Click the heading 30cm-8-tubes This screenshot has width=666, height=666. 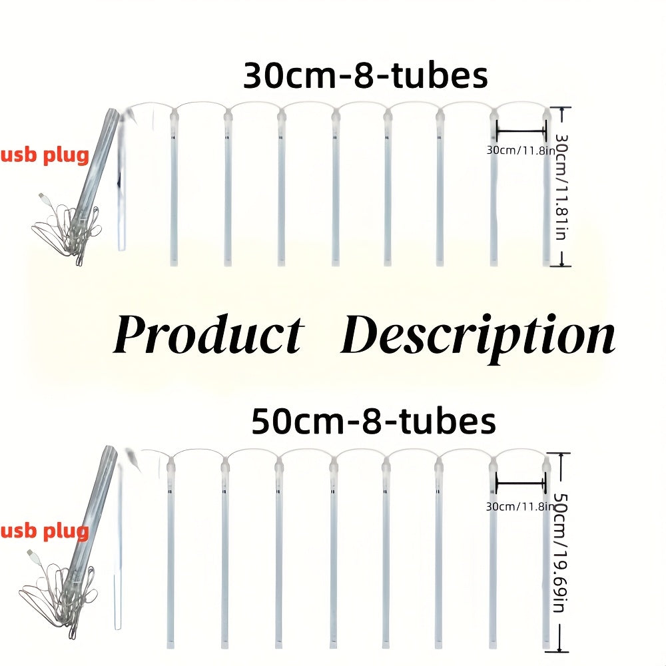coord(365,76)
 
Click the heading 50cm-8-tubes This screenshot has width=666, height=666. coord(374,421)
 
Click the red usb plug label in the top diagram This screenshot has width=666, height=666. coord(45,155)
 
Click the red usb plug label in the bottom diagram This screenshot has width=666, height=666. coord(45,531)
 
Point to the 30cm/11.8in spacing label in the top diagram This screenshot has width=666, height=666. coord(521,150)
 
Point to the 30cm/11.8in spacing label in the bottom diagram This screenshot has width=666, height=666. coord(520,506)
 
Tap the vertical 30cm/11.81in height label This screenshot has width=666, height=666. coord(562,187)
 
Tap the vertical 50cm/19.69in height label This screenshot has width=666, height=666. coord(561,553)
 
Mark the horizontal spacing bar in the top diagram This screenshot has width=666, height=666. coord(521,131)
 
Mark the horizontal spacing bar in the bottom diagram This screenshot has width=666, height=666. coord(520,483)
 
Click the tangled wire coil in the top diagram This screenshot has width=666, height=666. coord(68,229)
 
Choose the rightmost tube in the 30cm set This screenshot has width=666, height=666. coord(547,187)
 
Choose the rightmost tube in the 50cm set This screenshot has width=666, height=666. coord(546,552)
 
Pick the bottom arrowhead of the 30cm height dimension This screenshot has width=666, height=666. coord(562,264)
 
